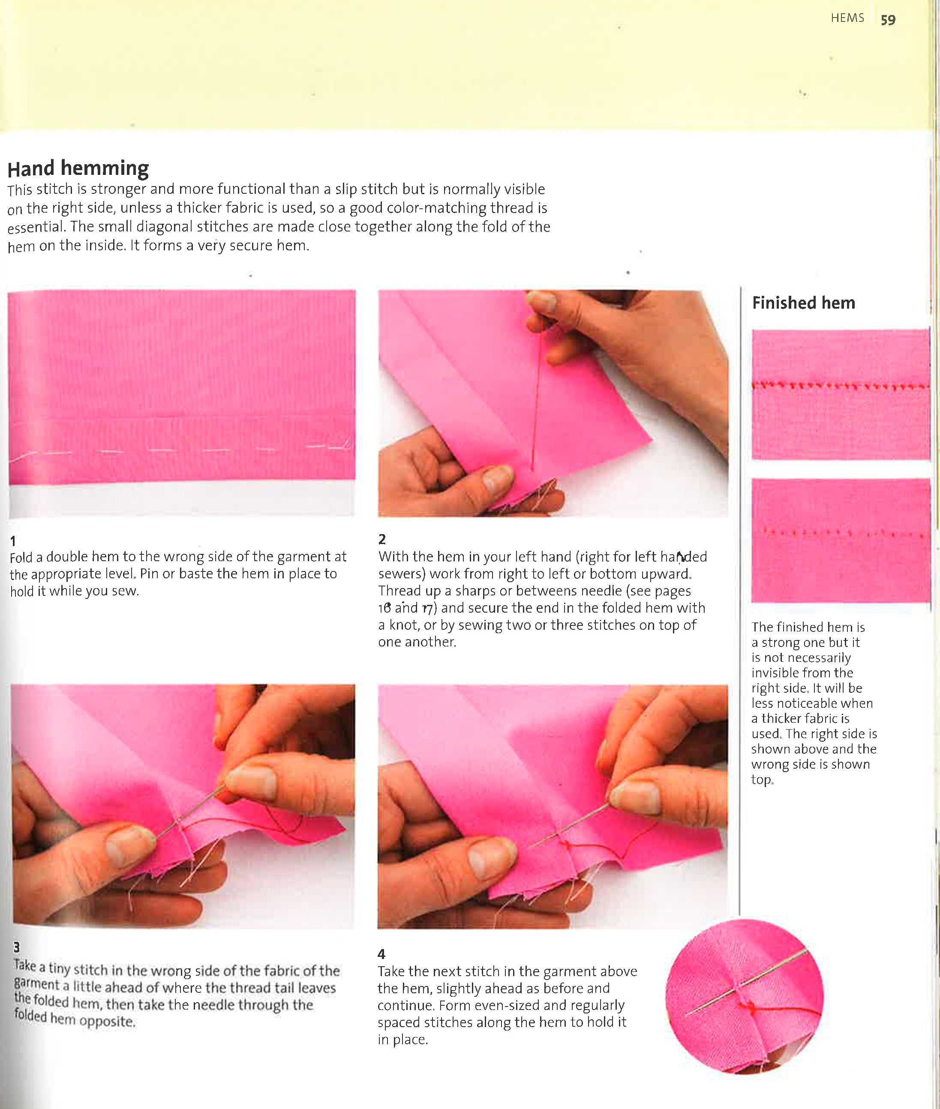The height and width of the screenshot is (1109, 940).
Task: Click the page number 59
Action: (888, 20)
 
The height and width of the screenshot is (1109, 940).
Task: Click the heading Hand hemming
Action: (78, 168)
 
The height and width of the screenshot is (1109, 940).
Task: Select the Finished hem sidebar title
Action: (803, 303)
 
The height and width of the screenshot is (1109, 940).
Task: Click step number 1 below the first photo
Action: (13, 541)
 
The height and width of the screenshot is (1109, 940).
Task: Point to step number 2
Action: (381, 539)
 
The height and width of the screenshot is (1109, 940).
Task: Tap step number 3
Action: (17, 947)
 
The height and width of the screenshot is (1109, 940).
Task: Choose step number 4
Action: (381, 954)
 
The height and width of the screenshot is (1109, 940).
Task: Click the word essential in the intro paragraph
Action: (35, 228)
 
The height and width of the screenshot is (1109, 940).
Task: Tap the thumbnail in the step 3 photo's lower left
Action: (128, 844)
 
